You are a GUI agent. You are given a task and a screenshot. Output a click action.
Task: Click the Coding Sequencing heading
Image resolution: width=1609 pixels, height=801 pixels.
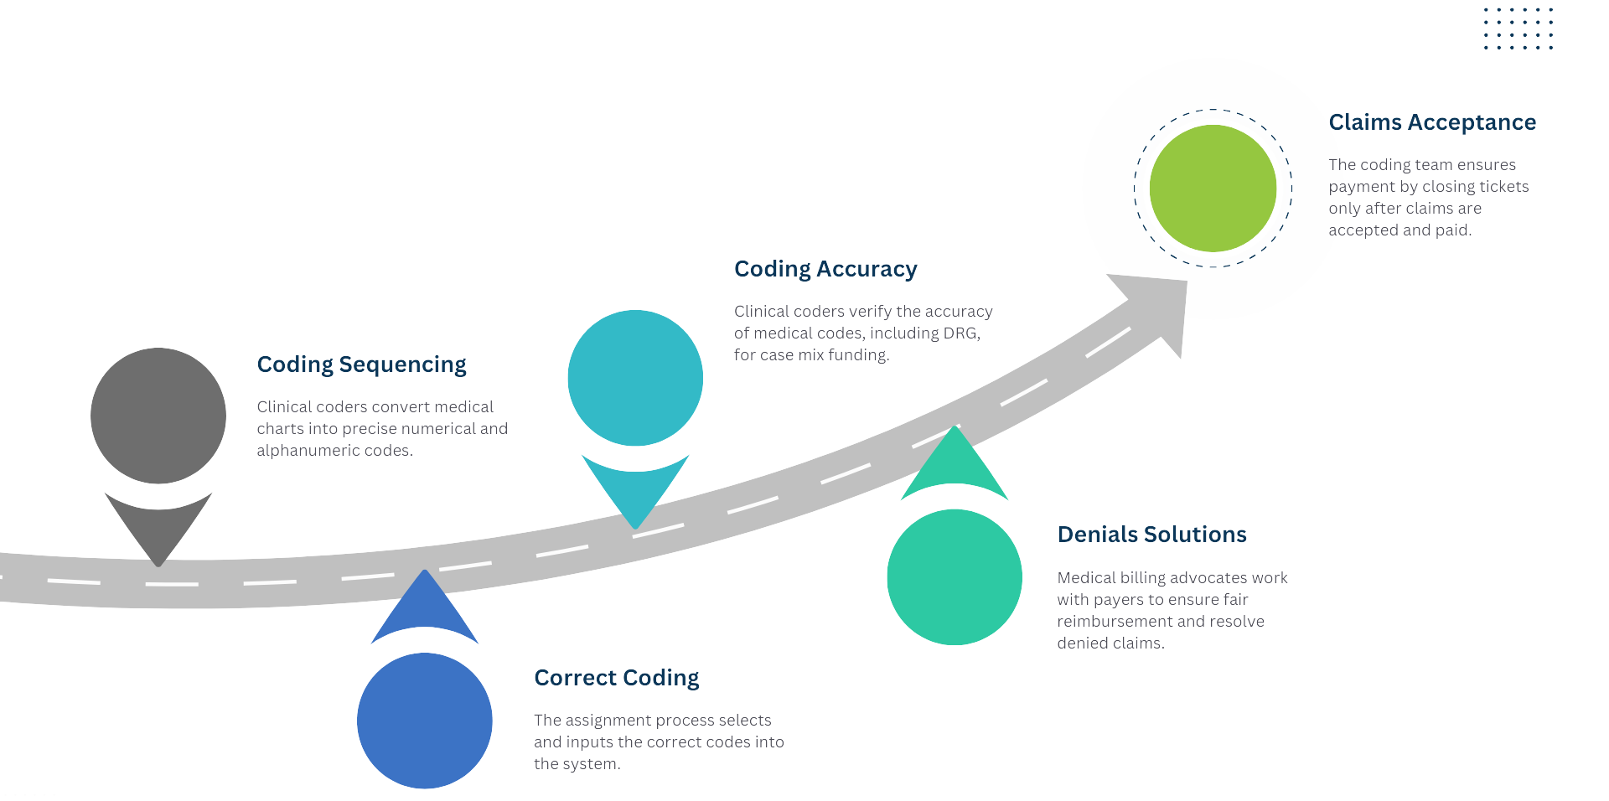(x=361, y=364)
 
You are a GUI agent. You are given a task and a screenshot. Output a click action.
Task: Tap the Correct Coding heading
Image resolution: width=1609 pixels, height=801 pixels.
(x=616, y=678)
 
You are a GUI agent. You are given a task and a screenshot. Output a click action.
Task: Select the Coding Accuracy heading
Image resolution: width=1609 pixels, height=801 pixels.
(x=825, y=269)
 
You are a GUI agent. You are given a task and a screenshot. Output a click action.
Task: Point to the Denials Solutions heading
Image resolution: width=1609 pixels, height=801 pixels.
(x=1151, y=535)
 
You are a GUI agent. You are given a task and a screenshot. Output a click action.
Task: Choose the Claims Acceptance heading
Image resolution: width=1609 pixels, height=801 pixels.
(x=1432, y=122)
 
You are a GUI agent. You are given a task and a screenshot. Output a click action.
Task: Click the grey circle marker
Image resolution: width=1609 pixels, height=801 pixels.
(x=158, y=416)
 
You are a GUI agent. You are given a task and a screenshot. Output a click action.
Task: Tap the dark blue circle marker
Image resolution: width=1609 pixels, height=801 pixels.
(x=425, y=721)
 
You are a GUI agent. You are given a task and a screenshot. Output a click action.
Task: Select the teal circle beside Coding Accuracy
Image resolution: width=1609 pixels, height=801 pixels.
(x=635, y=378)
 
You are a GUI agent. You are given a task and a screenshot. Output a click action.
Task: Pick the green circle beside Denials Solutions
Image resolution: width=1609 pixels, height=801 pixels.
(x=955, y=576)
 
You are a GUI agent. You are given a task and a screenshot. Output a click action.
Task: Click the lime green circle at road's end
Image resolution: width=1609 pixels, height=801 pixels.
(x=1213, y=189)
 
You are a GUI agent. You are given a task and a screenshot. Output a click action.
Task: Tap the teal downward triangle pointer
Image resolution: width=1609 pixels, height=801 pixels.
(x=635, y=490)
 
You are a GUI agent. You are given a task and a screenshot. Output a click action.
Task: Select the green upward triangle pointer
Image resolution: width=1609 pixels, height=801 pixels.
(x=955, y=465)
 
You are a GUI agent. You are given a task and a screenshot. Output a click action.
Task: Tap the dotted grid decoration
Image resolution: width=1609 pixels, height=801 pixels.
(x=1518, y=28)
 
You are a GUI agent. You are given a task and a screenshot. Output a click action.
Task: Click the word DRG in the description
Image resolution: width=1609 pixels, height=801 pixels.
(x=960, y=333)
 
